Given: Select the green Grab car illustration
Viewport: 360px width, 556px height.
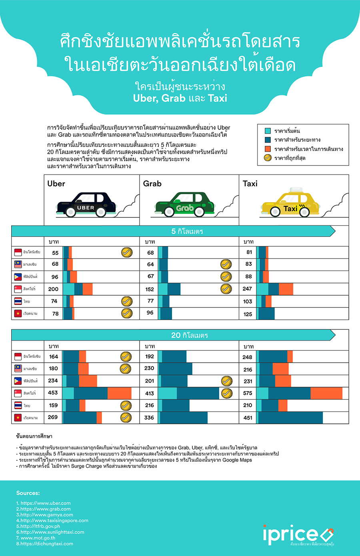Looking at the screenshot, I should point(184,205).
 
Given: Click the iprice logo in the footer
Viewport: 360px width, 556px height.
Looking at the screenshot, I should point(298,534).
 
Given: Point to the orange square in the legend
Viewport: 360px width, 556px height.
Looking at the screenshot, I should point(268,149).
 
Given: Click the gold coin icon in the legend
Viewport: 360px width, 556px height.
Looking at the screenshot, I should point(268,158).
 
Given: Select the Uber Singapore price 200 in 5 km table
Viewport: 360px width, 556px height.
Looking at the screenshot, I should point(53,289).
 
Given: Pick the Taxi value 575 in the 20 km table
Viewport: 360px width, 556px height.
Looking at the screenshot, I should point(248,393).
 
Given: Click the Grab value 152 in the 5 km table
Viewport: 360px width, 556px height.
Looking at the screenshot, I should point(150,289).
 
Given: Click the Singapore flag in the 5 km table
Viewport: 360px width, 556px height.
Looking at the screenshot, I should point(18,289).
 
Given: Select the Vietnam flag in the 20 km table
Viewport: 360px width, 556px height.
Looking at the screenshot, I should point(18,418).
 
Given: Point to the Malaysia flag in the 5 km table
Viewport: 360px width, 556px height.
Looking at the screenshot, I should point(18,264).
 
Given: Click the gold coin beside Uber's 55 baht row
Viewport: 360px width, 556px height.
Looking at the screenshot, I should point(127,252).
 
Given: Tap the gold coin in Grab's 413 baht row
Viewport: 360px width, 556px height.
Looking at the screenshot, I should point(226,393).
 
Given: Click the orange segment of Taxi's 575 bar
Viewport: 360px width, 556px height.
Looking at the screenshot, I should point(326,393).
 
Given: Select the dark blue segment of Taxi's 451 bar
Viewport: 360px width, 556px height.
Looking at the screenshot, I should point(290,418).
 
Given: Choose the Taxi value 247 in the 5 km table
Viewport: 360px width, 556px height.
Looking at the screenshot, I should point(247,289).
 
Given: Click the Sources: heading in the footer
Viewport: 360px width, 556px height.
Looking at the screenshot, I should point(28,493).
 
